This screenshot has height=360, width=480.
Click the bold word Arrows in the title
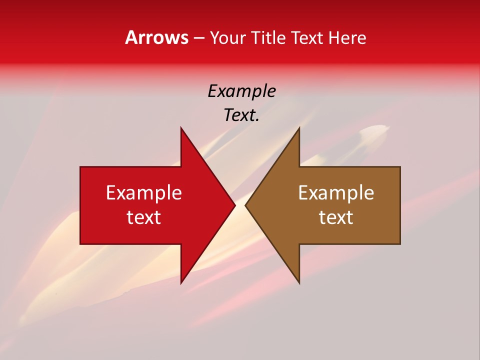point(156,37)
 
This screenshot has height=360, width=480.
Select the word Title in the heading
point(272,37)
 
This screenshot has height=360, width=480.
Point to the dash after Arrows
point(198,38)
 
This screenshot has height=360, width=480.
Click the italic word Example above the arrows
point(241,91)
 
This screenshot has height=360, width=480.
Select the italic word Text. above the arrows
point(241,115)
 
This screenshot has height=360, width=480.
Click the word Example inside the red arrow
point(144,192)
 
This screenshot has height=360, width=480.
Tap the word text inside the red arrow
point(144,217)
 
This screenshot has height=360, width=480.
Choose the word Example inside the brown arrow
point(336,192)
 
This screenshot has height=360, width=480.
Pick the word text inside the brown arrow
point(336,217)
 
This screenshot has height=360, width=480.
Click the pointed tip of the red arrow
point(235,205)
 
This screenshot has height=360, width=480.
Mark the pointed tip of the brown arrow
point(245,205)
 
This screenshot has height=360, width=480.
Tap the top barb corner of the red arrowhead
point(181,128)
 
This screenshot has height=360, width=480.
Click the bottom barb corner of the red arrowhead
point(181,283)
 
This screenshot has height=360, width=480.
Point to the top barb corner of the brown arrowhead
point(299,128)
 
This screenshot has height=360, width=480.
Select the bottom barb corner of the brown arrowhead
point(299,283)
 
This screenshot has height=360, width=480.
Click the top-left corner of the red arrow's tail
point(80,167)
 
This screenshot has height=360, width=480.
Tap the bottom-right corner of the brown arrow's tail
point(400,243)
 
